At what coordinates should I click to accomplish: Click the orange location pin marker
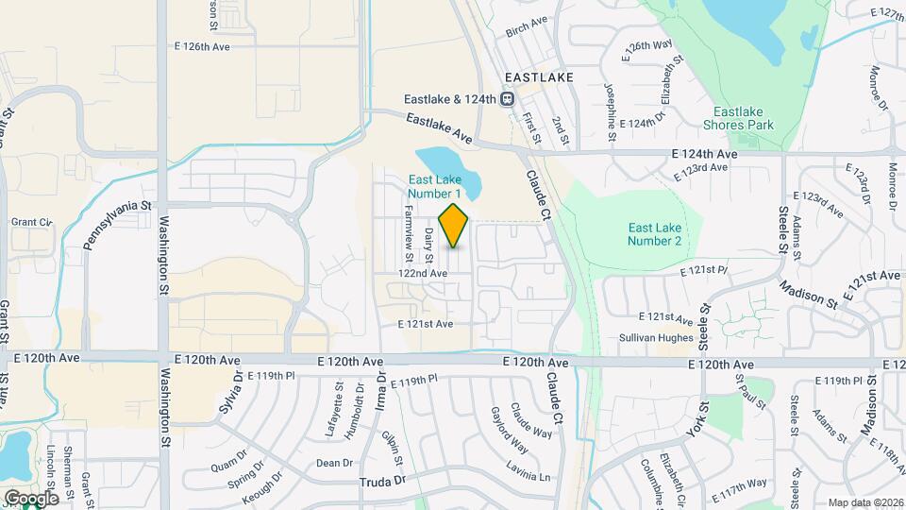tap(454, 225)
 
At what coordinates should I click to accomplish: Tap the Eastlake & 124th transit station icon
tap(507, 98)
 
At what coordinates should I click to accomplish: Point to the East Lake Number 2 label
tap(654, 233)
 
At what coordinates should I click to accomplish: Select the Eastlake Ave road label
tap(439, 128)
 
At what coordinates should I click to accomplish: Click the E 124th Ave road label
tap(704, 153)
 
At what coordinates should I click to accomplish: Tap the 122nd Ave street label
tap(422, 273)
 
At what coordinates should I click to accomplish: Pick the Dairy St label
tap(428, 245)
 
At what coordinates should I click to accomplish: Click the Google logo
tap(30, 498)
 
